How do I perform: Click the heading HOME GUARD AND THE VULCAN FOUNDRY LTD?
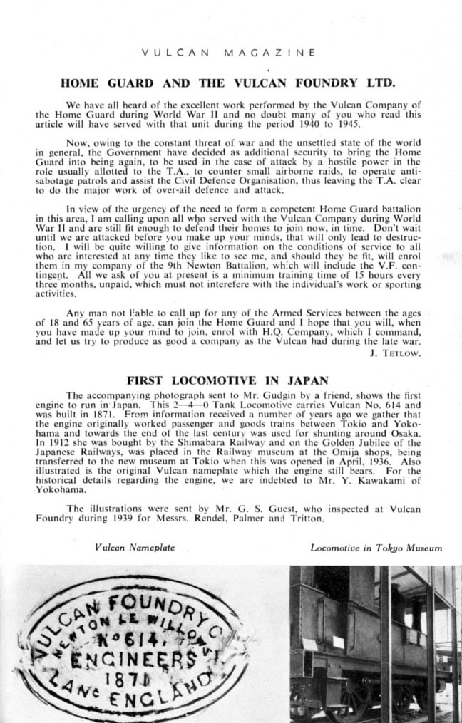229,83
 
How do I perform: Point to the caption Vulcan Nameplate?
135,548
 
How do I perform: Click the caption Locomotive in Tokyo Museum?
376,548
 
